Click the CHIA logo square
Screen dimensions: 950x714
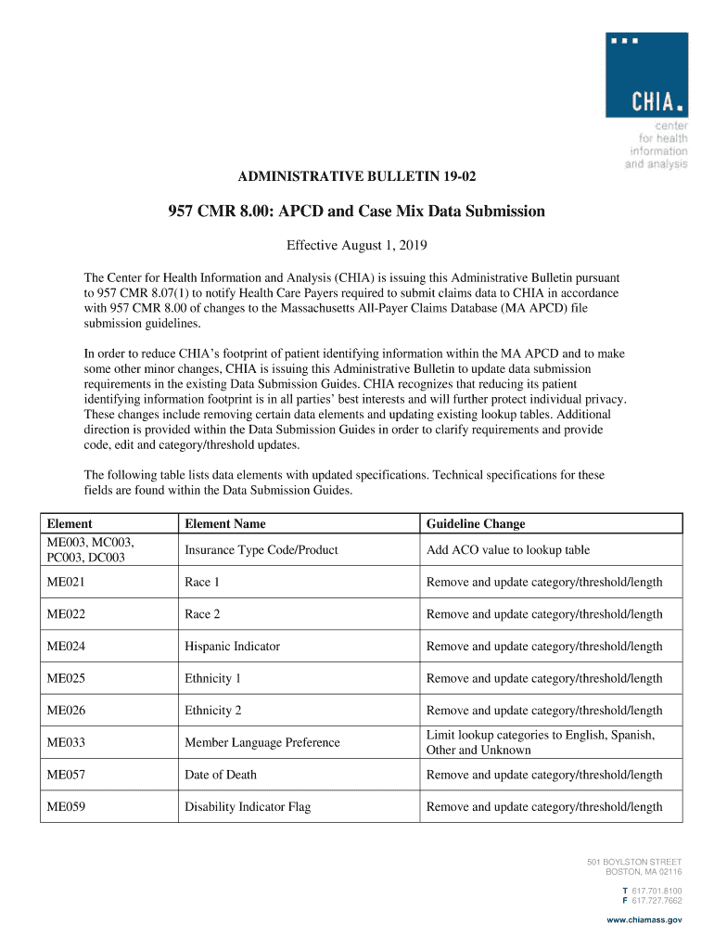(x=646, y=75)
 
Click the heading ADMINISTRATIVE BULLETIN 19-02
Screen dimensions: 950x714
(x=357, y=176)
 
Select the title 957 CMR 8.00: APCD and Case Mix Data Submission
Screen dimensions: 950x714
(x=357, y=212)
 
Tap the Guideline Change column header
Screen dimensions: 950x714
(x=475, y=523)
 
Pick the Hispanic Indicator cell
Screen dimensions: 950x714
(x=232, y=647)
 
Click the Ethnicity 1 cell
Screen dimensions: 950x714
(x=212, y=678)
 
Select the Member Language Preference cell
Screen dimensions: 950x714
(x=261, y=742)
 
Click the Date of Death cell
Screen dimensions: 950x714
(x=221, y=775)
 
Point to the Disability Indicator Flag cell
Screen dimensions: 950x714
(x=248, y=807)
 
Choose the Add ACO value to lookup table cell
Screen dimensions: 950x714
(x=507, y=550)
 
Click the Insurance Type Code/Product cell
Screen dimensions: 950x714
(x=261, y=550)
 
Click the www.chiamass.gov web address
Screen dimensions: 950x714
(x=644, y=919)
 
